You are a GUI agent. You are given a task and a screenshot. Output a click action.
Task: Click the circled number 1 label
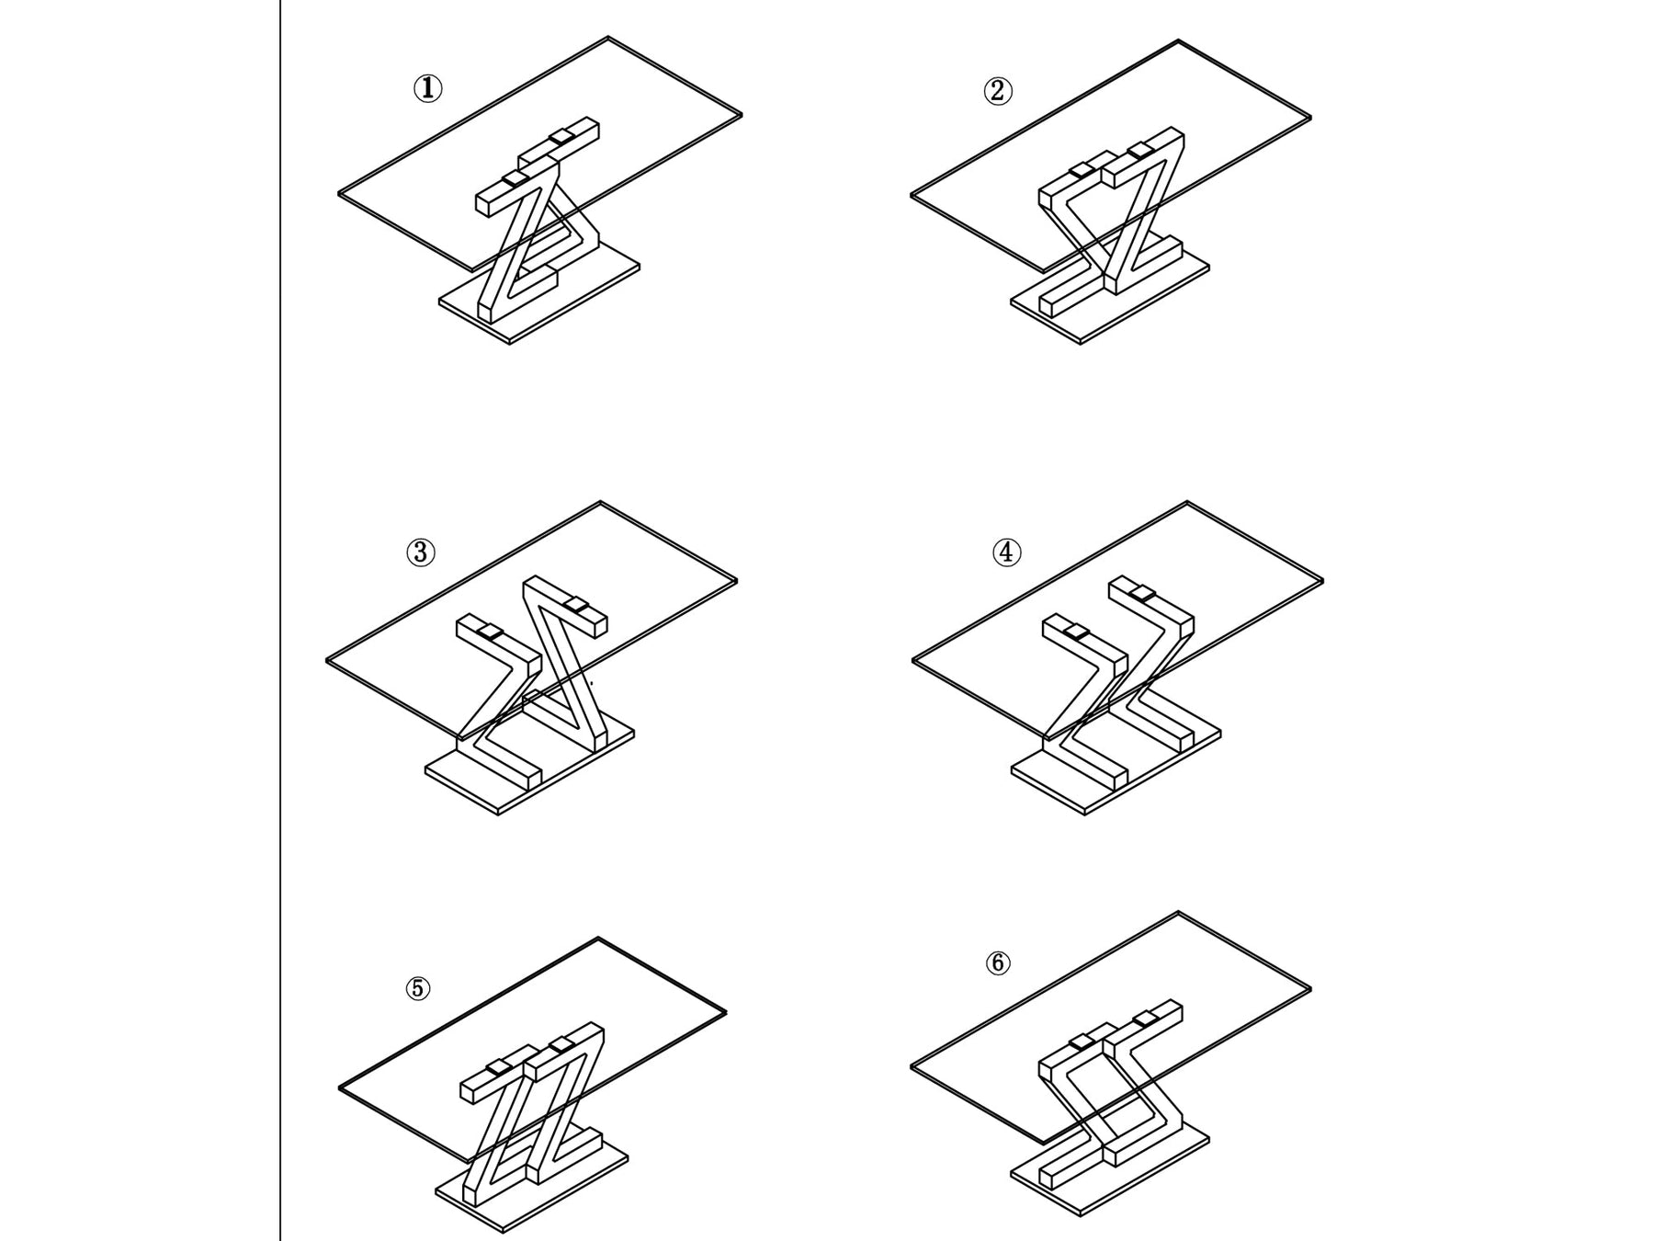pos(427,89)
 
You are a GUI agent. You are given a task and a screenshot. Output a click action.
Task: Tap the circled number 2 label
pos(998,91)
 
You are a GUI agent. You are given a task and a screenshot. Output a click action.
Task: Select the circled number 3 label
pos(421,552)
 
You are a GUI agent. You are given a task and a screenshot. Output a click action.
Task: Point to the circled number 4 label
pos(1007,552)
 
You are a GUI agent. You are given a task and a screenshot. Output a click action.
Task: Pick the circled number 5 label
pos(418,988)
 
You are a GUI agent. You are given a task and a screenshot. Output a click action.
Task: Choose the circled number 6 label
pos(998,962)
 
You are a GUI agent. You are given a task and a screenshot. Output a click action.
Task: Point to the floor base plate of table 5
pos(542,1195)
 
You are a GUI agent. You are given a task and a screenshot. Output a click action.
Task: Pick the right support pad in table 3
pos(577,605)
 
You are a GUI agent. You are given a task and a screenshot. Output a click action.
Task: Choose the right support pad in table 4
pos(1145,594)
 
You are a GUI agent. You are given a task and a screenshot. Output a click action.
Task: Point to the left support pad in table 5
pos(499,1066)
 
